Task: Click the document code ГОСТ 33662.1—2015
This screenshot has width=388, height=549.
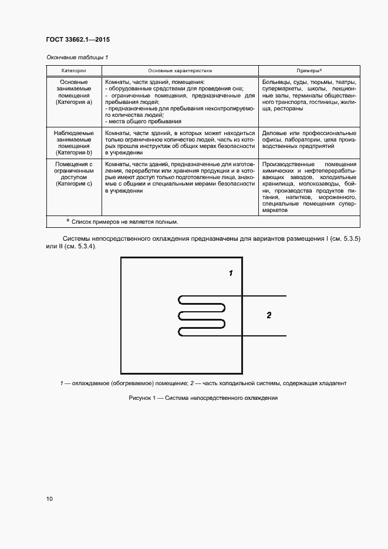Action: (77, 40)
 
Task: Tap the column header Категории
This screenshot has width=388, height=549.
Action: (74, 70)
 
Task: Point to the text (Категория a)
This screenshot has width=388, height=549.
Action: (74, 102)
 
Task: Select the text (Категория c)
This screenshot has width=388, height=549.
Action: (74, 183)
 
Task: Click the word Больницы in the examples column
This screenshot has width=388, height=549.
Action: (276, 82)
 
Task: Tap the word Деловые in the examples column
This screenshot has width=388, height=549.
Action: (274, 133)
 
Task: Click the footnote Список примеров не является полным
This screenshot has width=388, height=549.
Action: (125, 222)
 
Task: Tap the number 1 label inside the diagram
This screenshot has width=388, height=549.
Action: (231, 273)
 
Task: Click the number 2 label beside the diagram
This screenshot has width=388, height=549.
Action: (269, 315)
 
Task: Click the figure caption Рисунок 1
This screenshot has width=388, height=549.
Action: (146, 398)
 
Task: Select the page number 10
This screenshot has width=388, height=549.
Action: (49, 499)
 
